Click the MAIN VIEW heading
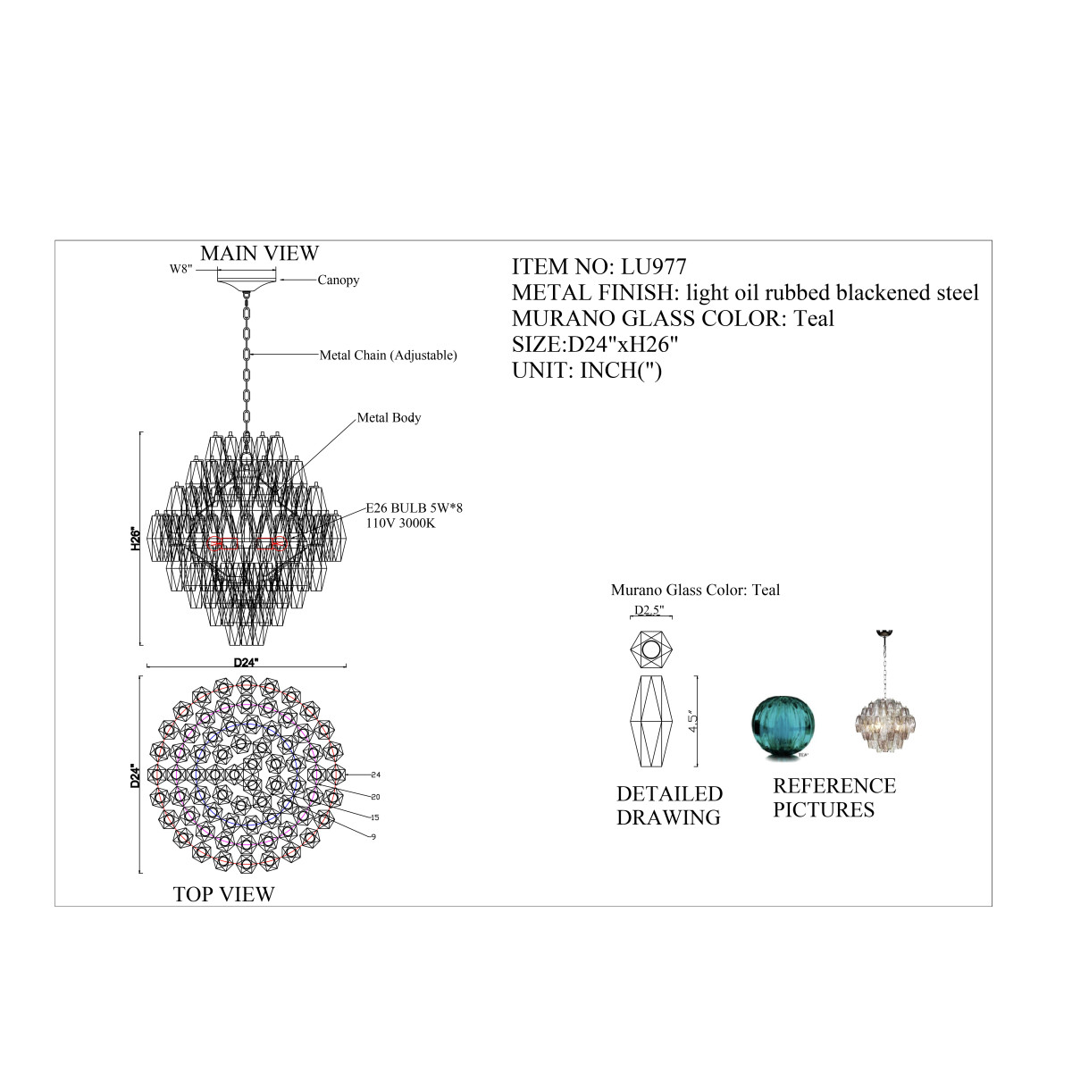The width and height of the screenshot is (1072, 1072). pyautogui.click(x=259, y=253)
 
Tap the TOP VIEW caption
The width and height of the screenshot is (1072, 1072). pyautogui.click(x=223, y=894)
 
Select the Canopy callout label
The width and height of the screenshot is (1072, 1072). pyautogui.click(x=339, y=280)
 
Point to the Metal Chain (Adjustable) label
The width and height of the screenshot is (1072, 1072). pyautogui.click(x=388, y=355)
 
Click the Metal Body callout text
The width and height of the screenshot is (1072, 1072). pyautogui.click(x=389, y=417)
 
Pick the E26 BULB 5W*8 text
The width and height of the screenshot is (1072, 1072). pyautogui.click(x=414, y=508)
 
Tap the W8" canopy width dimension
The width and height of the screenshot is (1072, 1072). pyautogui.click(x=180, y=269)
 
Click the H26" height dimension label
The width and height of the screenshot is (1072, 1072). pyautogui.click(x=135, y=539)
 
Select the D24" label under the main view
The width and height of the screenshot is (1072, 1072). pyautogui.click(x=246, y=663)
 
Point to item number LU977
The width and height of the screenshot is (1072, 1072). pyautogui.click(x=654, y=266)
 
